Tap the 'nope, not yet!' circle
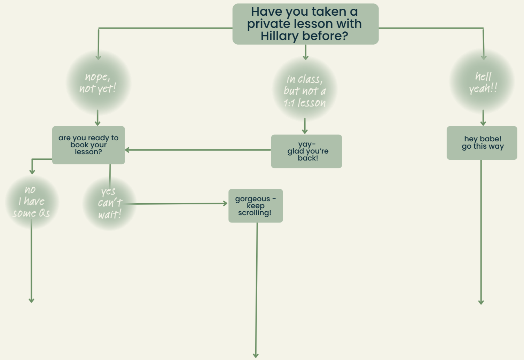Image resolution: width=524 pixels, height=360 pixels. pos(98,83)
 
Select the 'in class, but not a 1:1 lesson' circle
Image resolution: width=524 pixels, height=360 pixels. pos(305,91)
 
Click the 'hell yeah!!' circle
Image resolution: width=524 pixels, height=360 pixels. pos(483,83)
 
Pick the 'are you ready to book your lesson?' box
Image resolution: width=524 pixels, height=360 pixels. pos(88,145)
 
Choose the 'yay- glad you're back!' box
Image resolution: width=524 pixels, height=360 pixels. pos(306,151)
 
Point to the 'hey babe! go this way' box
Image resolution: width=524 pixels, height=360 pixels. pos(482,143)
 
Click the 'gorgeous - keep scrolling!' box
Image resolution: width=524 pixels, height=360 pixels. pos(256,206)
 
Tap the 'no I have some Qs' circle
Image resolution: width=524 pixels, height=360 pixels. pos(32,202)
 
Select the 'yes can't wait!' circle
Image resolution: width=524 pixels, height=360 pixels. pos(110,203)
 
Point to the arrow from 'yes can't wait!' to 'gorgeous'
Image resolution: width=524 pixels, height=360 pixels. pos(178,204)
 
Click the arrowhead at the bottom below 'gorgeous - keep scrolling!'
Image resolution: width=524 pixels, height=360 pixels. pos(256,355)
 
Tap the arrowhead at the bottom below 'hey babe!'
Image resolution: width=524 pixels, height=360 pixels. pos(481,302)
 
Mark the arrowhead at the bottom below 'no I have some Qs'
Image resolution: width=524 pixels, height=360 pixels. pos(31,300)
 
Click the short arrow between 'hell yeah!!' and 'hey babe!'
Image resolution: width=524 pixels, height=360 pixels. pos(483,118)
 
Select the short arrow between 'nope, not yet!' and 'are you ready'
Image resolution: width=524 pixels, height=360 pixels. pos(97,118)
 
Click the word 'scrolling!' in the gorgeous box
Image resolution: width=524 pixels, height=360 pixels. pos(255,213)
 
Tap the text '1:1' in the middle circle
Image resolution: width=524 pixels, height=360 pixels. pos(289,103)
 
